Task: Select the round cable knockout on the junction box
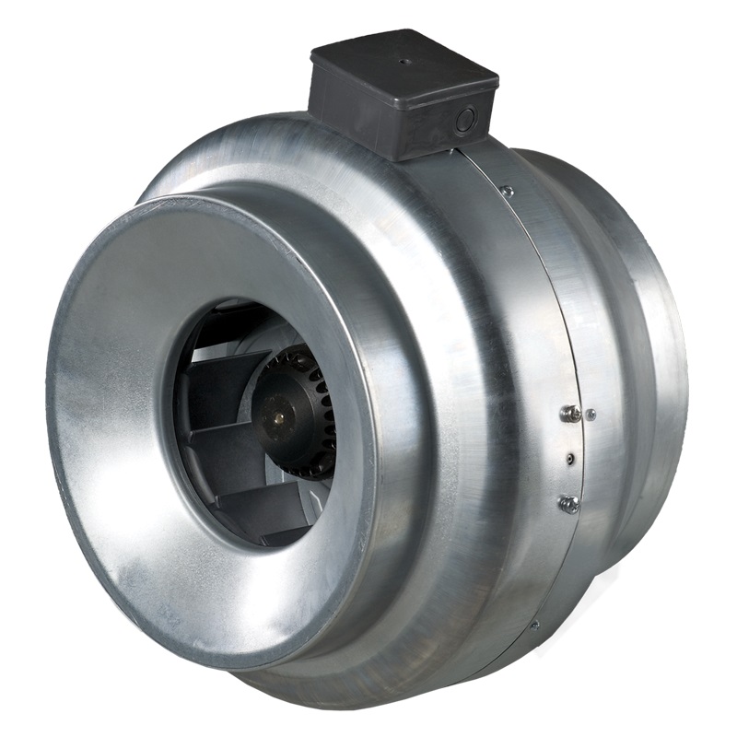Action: (466, 120)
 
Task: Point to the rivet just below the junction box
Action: (506, 191)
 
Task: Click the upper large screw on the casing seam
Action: (570, 415)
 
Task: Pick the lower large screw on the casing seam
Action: (568, 503)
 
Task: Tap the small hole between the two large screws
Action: (572, 458)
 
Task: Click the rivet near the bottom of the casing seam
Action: (533, 624)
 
